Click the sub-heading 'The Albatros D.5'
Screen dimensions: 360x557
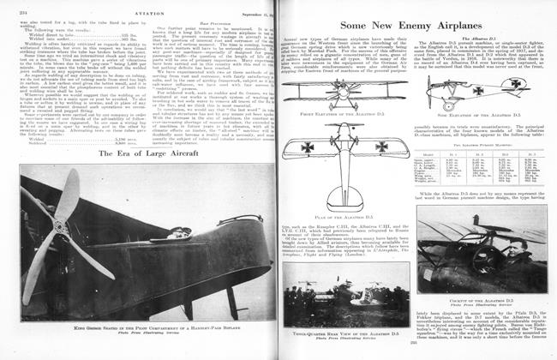(482, 40)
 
